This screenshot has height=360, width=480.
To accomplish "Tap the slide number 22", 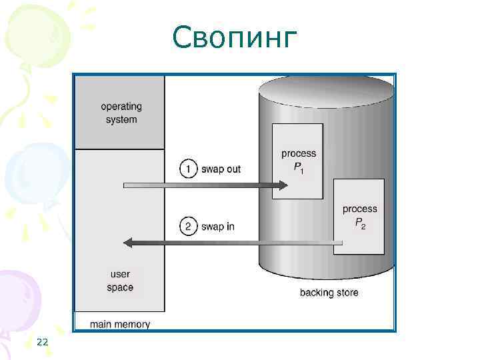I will point(43,342).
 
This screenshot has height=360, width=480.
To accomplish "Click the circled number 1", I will point(189,169).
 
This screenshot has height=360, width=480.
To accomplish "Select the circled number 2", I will point(189,227).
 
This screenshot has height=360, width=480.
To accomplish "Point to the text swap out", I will point(221,169).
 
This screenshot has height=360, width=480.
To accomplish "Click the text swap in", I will point(217,227).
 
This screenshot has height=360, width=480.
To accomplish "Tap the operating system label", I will point(121,113).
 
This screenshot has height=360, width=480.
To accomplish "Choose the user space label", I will point(120,281).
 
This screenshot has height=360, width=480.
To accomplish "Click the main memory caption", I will point(120,325).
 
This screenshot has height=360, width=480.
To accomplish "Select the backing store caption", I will point(329,293).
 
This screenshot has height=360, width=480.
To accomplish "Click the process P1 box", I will point(297,160).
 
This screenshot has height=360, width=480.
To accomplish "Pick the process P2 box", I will point(359,216).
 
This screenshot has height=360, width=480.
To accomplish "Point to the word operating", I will point(121,107).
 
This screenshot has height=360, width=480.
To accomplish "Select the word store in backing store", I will point(347,293).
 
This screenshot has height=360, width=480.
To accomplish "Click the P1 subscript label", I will point(299,167).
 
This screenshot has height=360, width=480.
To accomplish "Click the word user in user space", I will point(120,274).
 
